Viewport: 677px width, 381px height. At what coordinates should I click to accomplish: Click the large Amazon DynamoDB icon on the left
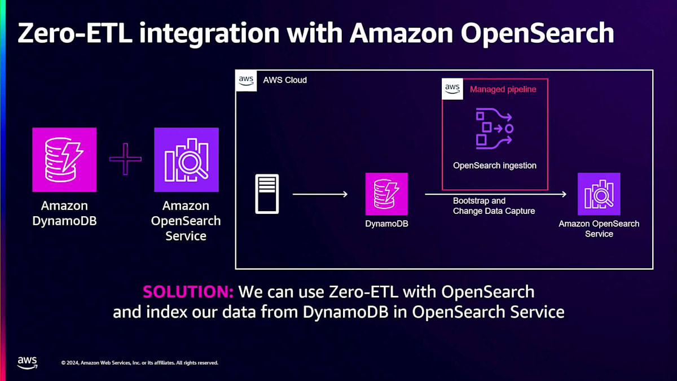[64, 160]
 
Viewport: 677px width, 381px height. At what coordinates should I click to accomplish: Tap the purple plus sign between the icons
[125, 159]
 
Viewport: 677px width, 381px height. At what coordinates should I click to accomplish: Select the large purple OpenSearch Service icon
[186, 160]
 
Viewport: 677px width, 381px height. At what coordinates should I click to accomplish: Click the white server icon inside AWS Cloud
[267, 194]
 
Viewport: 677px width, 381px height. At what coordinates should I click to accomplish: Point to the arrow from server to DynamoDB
[320, 195]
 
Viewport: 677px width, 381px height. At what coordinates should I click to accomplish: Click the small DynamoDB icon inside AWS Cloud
[386, 194]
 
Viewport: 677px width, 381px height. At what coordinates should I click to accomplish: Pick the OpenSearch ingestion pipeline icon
[494, 129]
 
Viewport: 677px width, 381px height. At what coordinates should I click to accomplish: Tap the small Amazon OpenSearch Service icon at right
[599, 194]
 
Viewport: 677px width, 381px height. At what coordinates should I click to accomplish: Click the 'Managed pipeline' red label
[503, 89]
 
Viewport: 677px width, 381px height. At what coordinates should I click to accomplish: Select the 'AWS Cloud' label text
[285, 80]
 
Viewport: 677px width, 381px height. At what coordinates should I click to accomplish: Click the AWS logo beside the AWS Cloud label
[246, 80]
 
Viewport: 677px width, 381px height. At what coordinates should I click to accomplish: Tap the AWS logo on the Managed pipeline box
[452, 89]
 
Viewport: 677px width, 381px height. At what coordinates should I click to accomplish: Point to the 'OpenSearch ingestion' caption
[495, 166]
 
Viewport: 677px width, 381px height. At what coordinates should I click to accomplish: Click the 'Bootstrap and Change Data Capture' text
[494, 206]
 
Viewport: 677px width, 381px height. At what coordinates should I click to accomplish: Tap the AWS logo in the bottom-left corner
[27, 362]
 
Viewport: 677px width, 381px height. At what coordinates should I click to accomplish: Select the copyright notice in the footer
[139, 362]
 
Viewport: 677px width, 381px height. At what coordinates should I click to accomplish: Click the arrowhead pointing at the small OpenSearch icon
[563, 195]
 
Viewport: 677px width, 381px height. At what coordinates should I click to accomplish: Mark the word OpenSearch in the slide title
[537, 33]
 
